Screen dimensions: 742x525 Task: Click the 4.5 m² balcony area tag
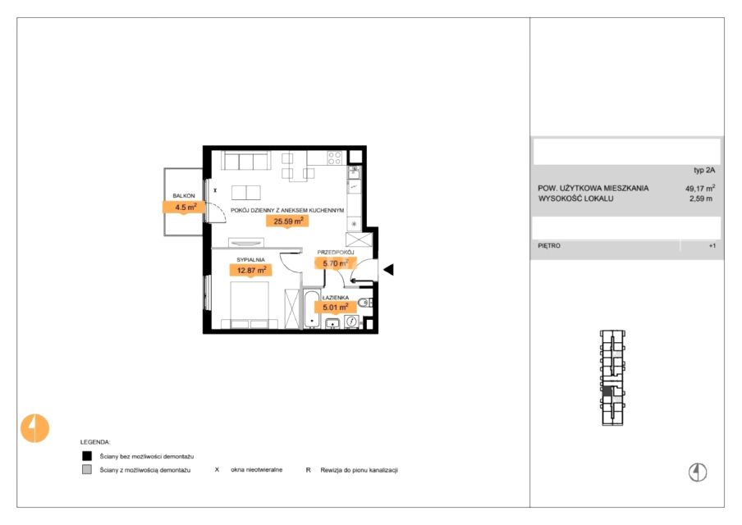coord(184,208)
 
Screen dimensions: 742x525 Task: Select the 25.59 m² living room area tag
coord(288,221)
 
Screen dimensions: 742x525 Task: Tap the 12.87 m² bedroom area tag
coord(251,271)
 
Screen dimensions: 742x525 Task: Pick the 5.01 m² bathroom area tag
coord(335,308)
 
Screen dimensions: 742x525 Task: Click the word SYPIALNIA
coord(250,260)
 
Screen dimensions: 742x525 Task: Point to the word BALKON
coord(184,195)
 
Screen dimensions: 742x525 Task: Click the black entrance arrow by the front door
coord(388,270)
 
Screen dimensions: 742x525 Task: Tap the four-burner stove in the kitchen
coord(335,158)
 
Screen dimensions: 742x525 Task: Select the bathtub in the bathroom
coord(311,309)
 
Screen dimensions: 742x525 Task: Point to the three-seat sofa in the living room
coord(246,161)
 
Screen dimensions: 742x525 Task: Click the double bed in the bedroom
coord(250,304)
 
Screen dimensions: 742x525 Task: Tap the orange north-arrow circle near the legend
coord(35,428)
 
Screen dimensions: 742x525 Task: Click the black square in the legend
coord(87,456)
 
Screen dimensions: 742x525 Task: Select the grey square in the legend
coord(87,470)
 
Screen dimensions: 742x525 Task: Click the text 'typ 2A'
coord(704,171)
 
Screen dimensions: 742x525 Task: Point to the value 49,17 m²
coord(700,188)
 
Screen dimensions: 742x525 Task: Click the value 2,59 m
coord(701,199)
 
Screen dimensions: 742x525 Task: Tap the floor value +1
coord(712,246)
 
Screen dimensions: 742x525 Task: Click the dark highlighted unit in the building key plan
coord(607,391)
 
